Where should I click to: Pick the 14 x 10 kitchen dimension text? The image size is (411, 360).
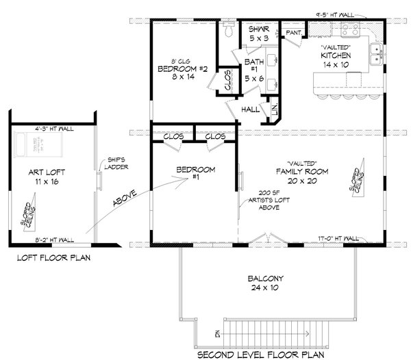click(336, 63)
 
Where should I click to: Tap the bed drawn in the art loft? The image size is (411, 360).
click(27, 144)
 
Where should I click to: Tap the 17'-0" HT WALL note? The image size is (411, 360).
click(338, 237)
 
